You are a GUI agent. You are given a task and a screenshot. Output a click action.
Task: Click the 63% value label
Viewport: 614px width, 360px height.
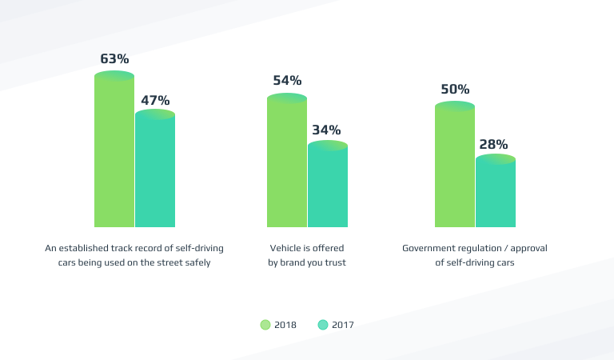click(x=114, y=58)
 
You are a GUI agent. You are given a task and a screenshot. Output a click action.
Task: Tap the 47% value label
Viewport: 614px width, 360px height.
click(x=155, y=100)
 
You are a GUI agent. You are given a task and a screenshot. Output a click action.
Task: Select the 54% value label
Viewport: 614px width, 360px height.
click(x=287, y=80)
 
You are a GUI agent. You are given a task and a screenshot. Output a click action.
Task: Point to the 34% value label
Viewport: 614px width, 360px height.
click(x=327, y=130)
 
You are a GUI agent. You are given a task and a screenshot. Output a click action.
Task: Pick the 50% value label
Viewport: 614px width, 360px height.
click(x=455, y=89)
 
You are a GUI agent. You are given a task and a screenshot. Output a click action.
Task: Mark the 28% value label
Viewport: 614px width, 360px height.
click(x=494, y=144)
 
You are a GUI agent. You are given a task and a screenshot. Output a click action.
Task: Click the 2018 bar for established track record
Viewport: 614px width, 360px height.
click(x=114, y=152)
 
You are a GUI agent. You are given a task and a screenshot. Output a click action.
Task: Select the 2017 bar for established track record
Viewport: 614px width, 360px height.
click(x=155, y=172)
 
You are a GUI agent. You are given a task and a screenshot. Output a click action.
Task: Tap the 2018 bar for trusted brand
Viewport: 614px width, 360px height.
click(x=287, y=163)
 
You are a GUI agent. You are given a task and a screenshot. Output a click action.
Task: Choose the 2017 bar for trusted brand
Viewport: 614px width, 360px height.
click(x=328, y=187)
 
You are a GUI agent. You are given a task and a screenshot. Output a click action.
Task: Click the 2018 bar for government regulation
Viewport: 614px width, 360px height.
click(x=455, y=167)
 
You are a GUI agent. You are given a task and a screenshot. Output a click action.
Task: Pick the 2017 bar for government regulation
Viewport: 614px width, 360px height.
click(x=496, y=194)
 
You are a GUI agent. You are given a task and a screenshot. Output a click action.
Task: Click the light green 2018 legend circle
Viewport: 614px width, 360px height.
click(x=265, y=325)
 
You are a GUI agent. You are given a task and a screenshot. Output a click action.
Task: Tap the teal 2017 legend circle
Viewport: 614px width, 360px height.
click(x=323, y=325)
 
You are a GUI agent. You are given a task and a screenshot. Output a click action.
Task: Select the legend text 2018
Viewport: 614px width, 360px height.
click(x=285, y=325)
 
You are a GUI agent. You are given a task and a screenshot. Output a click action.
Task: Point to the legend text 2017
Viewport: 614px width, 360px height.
click(x=343, y=325)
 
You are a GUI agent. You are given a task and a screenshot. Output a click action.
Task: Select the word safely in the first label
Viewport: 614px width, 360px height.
click(x=196, y=262)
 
